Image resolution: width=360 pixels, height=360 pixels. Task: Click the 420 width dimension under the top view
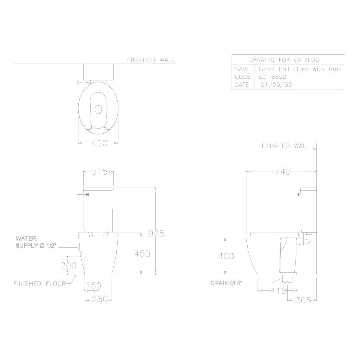tap(100, 143)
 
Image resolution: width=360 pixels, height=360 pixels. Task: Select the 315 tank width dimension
tap(99, 172)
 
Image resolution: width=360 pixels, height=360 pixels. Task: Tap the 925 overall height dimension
tap(156, 233)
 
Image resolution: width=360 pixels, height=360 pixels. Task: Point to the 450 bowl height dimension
tap(142, 254)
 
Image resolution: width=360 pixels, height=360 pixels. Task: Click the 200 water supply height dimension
tap(69, 265)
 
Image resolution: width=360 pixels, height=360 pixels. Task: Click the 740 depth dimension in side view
tap(282, 172)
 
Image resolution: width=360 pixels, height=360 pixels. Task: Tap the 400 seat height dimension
tap(226, 256)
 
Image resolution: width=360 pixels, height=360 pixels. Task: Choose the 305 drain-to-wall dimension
tap(303, 300)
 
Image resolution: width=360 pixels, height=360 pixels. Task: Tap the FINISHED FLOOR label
tap(38, 284)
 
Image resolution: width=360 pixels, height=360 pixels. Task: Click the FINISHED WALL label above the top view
tap(151, 60)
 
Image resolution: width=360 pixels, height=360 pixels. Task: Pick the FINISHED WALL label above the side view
tap(285, 146)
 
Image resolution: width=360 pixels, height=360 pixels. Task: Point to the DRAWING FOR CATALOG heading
tap(284, 60)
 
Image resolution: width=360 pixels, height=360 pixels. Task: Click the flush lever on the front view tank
tap(82, 194)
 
